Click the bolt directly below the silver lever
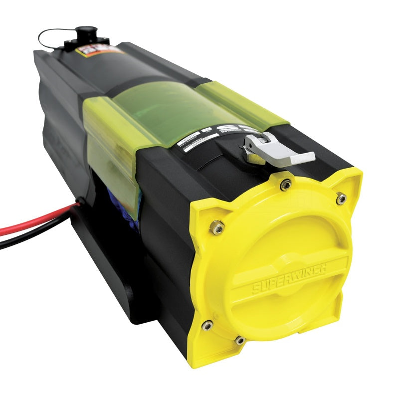tap(286, 185)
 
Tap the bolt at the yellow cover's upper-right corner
tap(341, 198)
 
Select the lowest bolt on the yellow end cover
tap(239, 341)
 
